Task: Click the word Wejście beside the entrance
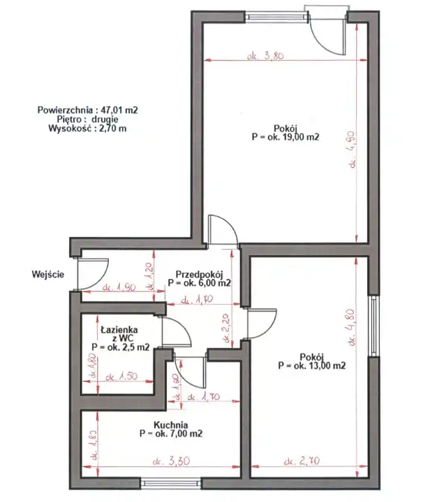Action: coord(48,275)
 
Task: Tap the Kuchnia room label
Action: coord(171,425)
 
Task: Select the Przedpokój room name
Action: coord(199,275)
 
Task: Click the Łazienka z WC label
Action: coord(119,333)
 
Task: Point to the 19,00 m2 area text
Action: coord(286,137)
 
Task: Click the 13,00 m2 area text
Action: coord(312,365)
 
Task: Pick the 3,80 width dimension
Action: coord(265,56)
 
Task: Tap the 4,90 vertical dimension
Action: coord(353,149)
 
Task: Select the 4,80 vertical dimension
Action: coord(352,327)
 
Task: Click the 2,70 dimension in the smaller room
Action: coord(302,462)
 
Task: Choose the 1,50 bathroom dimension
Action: coord(121,376)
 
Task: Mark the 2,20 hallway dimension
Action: coord(228,328)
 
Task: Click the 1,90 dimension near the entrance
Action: coord(119,287)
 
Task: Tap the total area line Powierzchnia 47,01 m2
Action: coord(87,110)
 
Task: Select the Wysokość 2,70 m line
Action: coord(87,128)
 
